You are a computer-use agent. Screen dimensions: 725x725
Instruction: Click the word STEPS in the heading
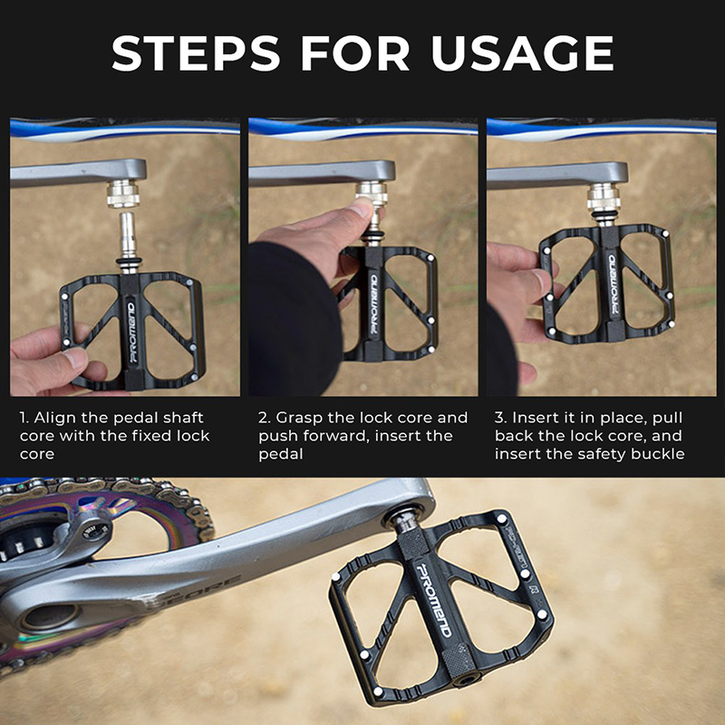point(196,53)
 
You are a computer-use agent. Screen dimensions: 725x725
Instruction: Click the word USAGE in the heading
point(523,53)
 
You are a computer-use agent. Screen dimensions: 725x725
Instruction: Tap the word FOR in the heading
point(355,53)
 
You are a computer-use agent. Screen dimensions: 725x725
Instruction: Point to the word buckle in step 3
point(658,454)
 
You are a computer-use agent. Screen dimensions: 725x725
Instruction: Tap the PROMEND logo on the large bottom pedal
point(434,600)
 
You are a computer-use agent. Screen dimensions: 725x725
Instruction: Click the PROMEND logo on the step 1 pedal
point(131,333)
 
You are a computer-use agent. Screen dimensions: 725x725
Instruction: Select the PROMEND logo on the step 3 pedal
point(614,285)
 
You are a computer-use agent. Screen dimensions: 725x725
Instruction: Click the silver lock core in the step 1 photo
point(123,194)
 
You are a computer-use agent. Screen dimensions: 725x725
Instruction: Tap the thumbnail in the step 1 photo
point(74,359)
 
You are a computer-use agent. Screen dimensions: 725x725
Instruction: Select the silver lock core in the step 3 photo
point(604,198)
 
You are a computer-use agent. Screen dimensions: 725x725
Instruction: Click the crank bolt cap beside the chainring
point(94,532)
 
